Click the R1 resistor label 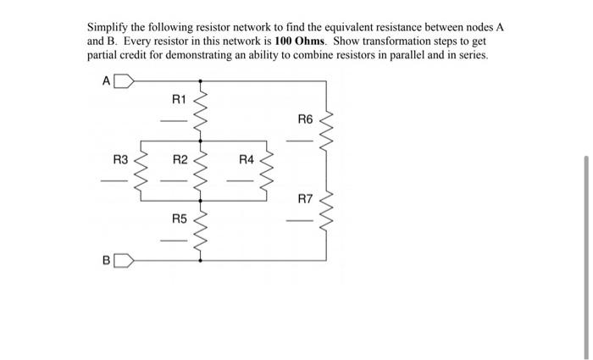[x=179, y=100]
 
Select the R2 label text [x=180, y=159]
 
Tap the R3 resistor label [x=120, y=159]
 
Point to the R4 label [x=246, y=159]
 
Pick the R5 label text [x=179, y=219]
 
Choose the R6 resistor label [x=305, y=119]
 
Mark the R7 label [x=305, y=199]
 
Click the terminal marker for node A [x=123, y=82]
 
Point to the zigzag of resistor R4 [x=267, y=171]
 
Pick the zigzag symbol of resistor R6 [x=326, y=131]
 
